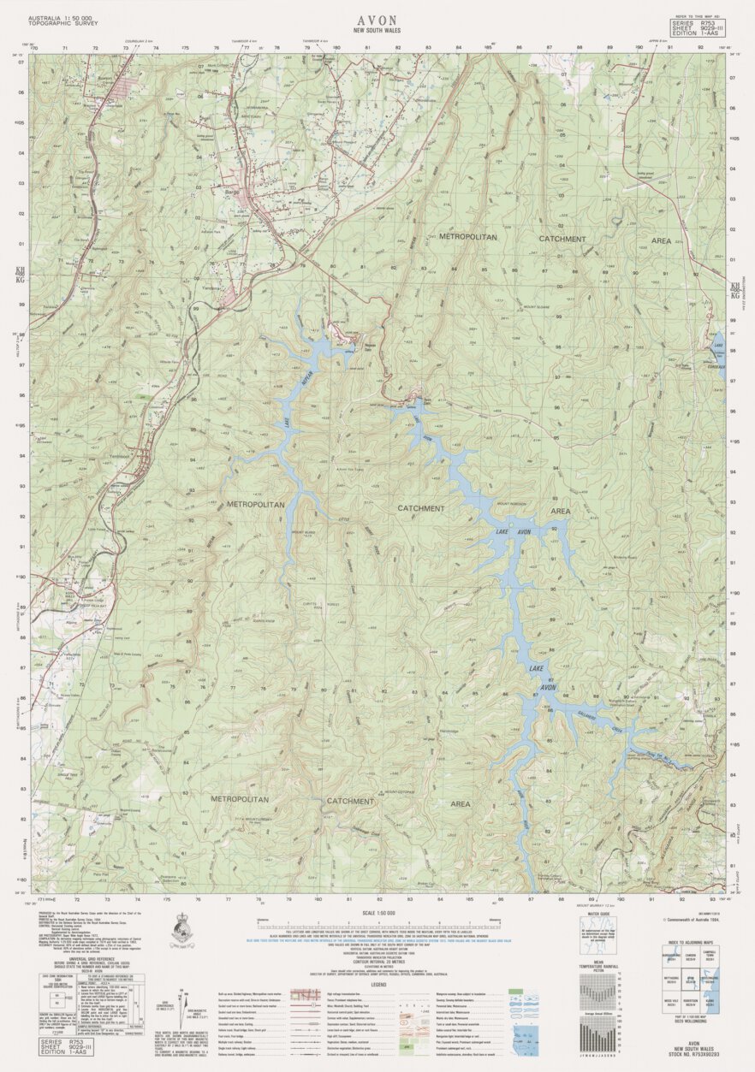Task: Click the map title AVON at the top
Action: [x=377, y=17]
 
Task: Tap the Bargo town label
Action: [x=232, y=193]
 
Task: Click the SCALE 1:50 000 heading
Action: [x=377, y=914]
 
